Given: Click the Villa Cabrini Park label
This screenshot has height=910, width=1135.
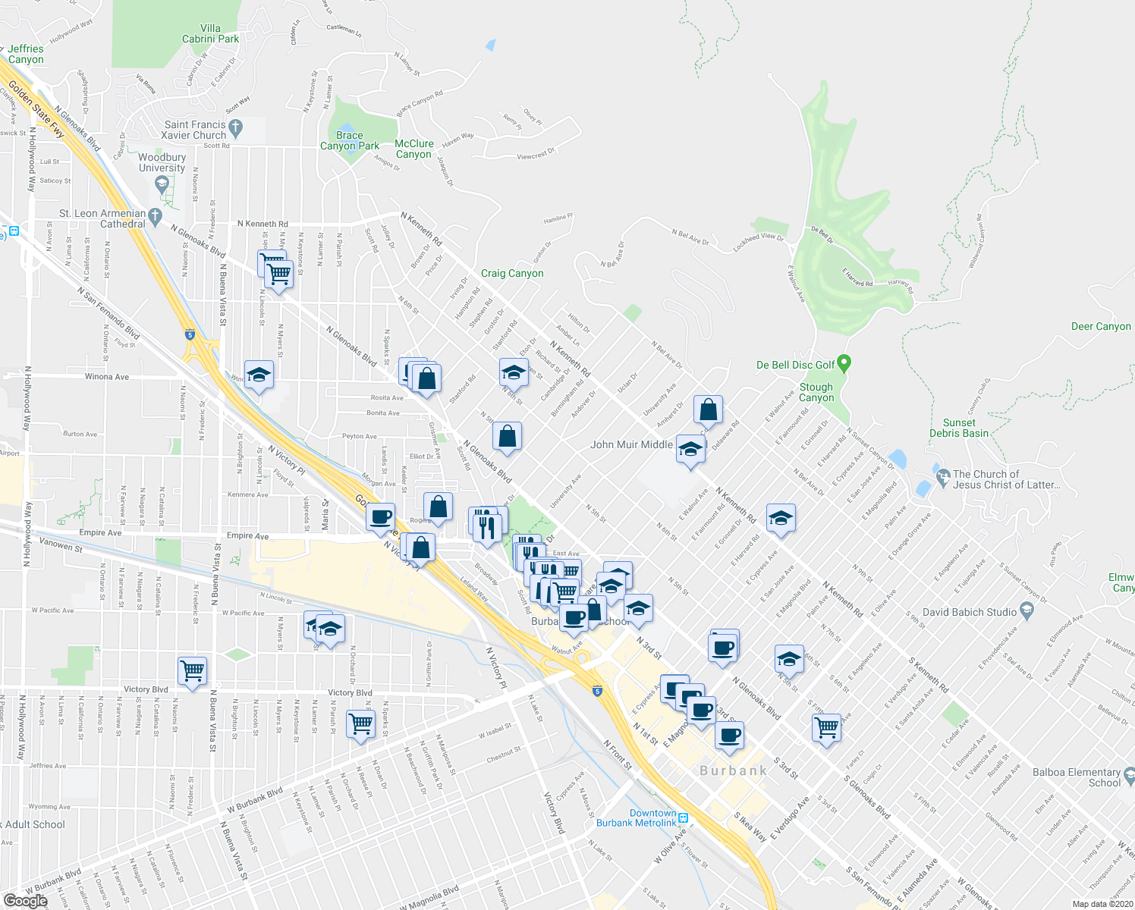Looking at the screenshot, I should tap(210, 33).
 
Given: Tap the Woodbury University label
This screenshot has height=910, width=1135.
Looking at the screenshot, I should tap(162, 163).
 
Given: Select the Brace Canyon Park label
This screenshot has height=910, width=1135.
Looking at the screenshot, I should tap(350, 140).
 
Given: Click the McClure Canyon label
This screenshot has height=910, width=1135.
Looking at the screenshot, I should tap(413, 149).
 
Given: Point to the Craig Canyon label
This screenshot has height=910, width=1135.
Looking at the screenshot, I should tap(512, 273).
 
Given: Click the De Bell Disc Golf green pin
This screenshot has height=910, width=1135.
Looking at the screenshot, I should tap(844, 364).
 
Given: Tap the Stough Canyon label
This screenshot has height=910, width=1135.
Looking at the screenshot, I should tap(816, 392).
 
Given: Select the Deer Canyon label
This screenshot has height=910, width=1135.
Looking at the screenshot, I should tap(1101, 326).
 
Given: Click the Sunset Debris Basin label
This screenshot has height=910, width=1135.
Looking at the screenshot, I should tap(959, 428).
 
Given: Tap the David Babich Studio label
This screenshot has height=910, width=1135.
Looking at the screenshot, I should tap(970, 612).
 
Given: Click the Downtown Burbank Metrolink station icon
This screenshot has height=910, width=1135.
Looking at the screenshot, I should tap(683, 818).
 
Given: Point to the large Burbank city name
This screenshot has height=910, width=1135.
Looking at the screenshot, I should tap(733, 770).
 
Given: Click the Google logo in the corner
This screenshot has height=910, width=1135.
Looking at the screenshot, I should tap(25, 900).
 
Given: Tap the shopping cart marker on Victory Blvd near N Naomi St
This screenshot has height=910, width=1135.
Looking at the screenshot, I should tap(192, 670).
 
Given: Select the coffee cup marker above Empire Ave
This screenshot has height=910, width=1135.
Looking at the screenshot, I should tap(380, 517).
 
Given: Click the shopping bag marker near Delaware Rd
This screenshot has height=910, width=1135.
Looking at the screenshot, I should tap(707, 410).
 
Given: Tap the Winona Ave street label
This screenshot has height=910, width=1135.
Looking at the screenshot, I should tap(107, 377).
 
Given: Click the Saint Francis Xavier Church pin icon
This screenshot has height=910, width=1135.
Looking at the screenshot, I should tap(235, 129).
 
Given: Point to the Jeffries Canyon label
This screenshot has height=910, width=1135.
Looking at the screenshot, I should tap(26, 54).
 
